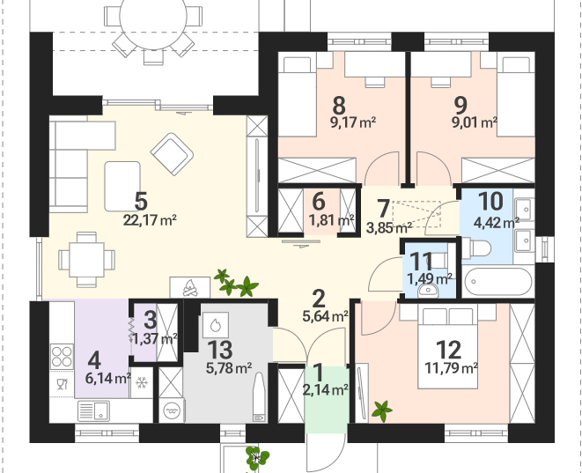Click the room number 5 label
pyautogui.click(x=141, y=202)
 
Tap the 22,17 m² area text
pyautogui.click(x=150, y=220)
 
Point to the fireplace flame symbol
pyautogui.click(x=190, y=287)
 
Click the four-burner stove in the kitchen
pyautogui.click(x=62, y=357)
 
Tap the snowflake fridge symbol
pyautogui.click(x=142, y=383)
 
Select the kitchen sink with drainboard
pyautogui.click(x=94, y=411)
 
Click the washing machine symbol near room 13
pyautogui.click(x=171, y=410)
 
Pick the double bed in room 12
pyautogui.click(x=448, y=347)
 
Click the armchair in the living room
pyautogui.click(x=172, y=154)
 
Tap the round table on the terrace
pyautogui.click(x=153, y=18)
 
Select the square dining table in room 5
pyautogui.click(x=86, y=260)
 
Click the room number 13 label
pyautogui.click(x=220, y=350)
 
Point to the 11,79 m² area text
pyautogui.click(x=451, y=368)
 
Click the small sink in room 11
pyautogui.click(x=428, y=291)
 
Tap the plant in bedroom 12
pyautogui.click(x=381, y=411)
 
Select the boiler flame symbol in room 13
pyautogui.click(x=216, y=325)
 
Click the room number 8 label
pyautogui.click(x=339, y=106)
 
